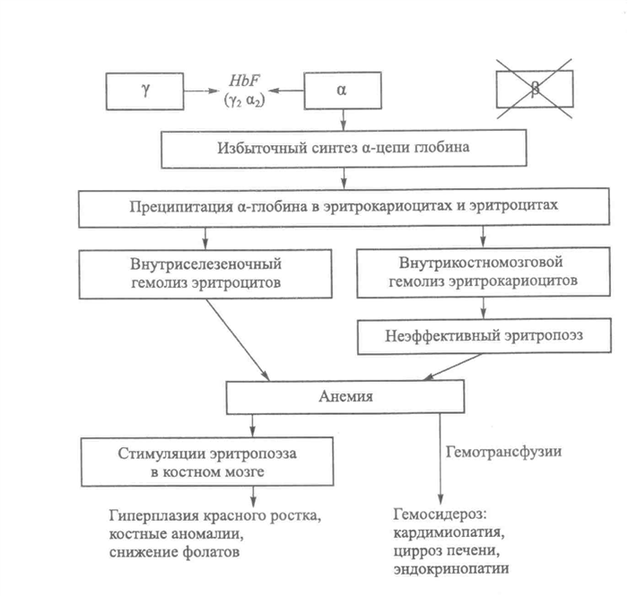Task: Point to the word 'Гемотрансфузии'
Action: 503,452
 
